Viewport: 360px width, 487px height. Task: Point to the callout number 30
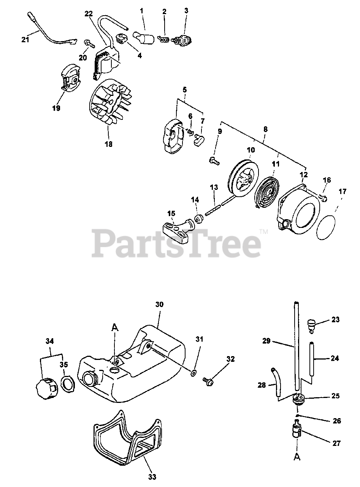(159, 304)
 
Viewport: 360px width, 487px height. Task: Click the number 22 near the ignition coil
(88, 14)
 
